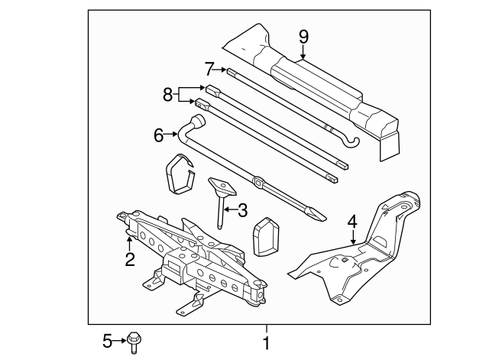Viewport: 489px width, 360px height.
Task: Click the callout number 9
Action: (x=303, y=35)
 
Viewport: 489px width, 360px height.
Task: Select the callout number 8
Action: (x=168, y=96)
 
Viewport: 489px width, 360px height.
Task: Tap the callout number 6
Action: (x=159, y=135)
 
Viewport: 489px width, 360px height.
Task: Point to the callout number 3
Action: (x=243, y=209)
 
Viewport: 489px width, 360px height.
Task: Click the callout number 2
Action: (x=130, y=259)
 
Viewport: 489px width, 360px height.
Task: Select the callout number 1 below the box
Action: (x=266, y=343)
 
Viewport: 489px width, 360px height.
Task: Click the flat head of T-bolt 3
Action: (x=222, y=186)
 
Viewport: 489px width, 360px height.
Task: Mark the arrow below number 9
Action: (x=303, y=52)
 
